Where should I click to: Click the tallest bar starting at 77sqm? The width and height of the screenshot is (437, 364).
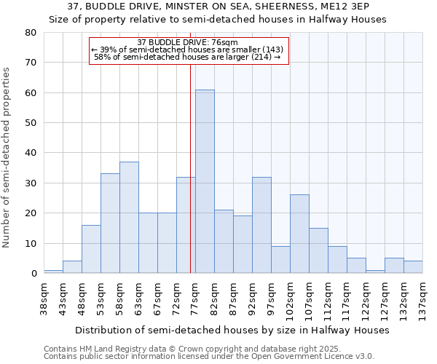tap(205, 181)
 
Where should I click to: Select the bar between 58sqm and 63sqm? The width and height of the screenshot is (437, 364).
tap(129, 218)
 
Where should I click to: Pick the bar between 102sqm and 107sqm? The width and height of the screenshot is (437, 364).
tap(299, 234)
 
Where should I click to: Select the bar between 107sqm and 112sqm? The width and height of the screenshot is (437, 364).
tap(318, 250)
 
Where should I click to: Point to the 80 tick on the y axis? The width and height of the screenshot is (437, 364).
tap(30, 33)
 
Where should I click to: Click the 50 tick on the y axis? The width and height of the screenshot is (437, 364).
tap(30, 123)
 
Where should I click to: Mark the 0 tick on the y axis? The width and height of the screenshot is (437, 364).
tap(33, 274)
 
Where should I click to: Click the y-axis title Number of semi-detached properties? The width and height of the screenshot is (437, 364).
tap(8, 157)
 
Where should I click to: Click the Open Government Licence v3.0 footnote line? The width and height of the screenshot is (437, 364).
tap(209, 356)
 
